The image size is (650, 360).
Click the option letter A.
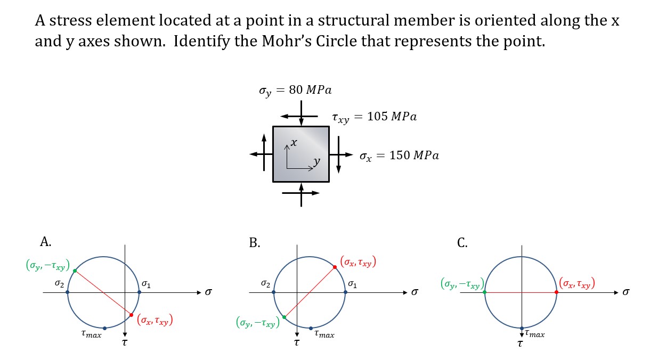coord(45,242)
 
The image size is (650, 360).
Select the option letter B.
coord(255,243)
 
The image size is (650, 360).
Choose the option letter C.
coord(462,243)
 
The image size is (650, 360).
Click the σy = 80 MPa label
coord(295,90)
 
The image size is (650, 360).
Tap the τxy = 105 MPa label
coord(374,117)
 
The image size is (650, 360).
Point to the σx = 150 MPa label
coord(399,156)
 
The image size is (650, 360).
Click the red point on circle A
coord(131,315)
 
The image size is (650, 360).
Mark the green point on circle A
coord(75,271)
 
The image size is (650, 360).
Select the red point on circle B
coord(335,267)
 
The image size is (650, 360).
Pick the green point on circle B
coord(284,317)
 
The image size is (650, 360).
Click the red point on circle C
coord(556,292)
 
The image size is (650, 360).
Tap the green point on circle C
coord(484,292)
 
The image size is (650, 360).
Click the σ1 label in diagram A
coord(147,284)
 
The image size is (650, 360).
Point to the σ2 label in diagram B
coord(265,284)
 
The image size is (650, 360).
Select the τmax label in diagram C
coord(534,334)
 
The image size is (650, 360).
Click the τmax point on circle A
coord(104,328)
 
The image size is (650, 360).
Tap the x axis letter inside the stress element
coord(294,143)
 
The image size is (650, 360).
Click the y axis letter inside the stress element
coord(316,160)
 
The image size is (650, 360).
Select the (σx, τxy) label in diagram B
coord(359,261)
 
